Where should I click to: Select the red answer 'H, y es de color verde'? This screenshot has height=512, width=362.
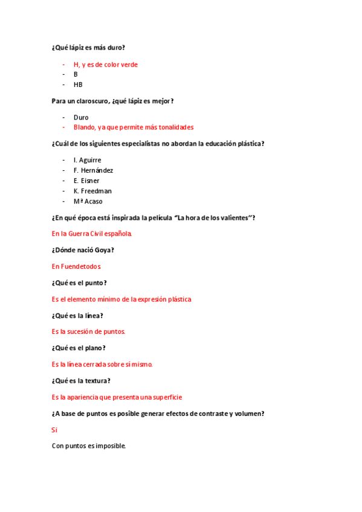pyautogui.click(x=106, y=64)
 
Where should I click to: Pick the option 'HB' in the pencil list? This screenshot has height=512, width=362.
pyautogui.click(x=78, y=85)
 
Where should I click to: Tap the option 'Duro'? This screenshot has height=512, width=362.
pyautogui.click(x=81, y=117)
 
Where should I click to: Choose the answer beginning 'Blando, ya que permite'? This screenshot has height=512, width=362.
pyautogui.click(x=133, y=127)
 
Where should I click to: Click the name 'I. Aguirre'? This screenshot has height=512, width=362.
pyautogui.click(x=87, y=160)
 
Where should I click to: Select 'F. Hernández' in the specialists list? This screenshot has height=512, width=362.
pyautogui.click(x=93, y=170)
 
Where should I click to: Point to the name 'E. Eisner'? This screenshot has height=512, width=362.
pyautogui.click(x=86, y=181)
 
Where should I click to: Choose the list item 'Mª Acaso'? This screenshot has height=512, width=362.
pyautogui.click(x=88, y=201)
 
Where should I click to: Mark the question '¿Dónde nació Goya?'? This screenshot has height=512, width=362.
pyautogui.click(x=83, y=250)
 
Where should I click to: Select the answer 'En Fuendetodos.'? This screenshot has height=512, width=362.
pyautogui.click(x=76, y=266)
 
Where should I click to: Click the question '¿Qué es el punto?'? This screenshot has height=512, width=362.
pyautogui.click(x=79, y=283)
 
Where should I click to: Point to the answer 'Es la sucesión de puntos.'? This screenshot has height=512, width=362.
pyautogui.click(x=88, y=331)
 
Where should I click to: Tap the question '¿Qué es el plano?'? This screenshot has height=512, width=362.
pyautogui.click(x=79, y=348)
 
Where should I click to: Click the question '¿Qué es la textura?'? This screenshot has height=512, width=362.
pyautogui.click(x=81, y=380)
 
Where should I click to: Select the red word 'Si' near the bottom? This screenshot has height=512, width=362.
pyautogui.click(x=54, y=430)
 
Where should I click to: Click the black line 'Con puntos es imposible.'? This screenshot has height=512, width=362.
pyautogui.click(x=89, y=446)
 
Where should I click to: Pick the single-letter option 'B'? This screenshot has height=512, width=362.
pyautogui.click(x=76, y=74)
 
